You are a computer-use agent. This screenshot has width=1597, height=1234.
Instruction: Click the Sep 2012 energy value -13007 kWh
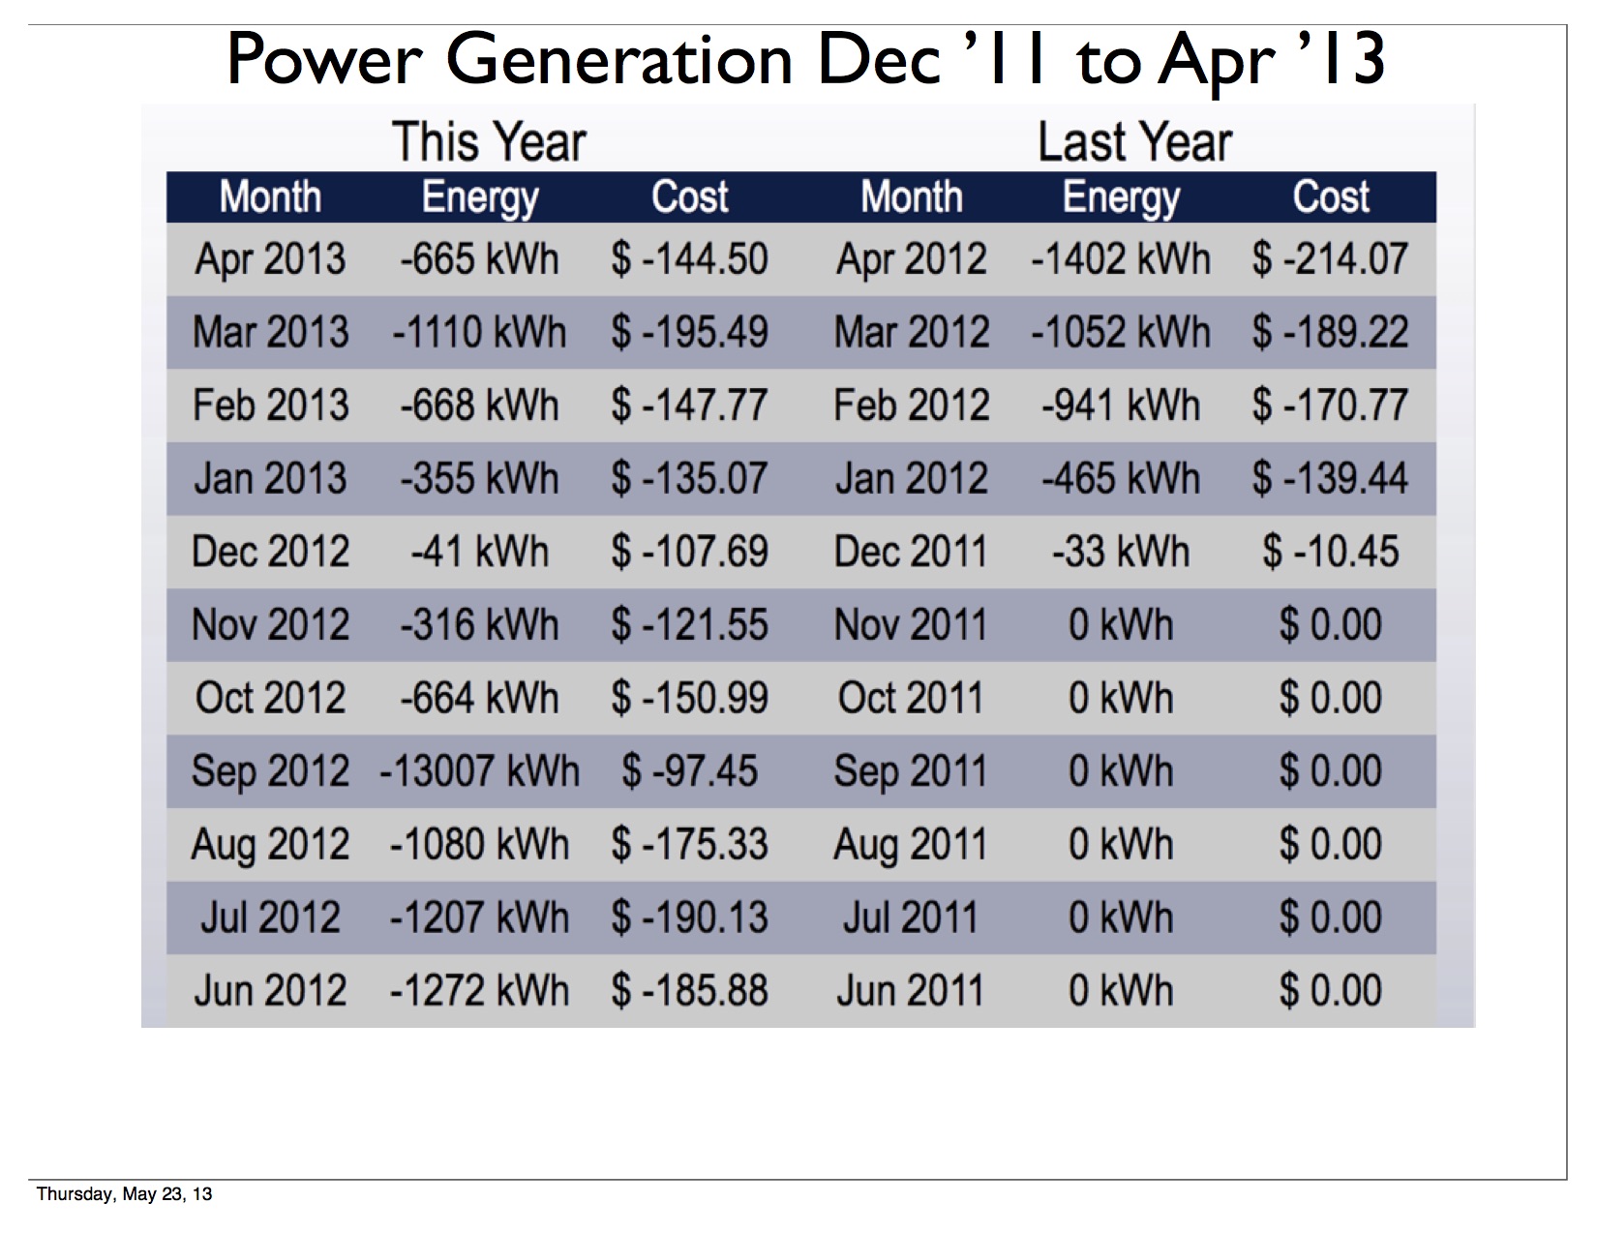coord(480,771)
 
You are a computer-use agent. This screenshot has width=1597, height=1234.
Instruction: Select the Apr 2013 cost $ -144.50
coord(689,259)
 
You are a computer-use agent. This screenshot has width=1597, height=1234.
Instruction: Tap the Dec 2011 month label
coord(911,552)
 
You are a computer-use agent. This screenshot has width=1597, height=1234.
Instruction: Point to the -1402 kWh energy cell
coord(1120,259)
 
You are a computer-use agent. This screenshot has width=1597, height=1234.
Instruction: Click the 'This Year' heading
coord(489,142)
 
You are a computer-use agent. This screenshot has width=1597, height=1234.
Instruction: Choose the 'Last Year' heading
coord(1134,142)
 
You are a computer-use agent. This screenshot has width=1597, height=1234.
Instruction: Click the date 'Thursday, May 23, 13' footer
coord(124,1193)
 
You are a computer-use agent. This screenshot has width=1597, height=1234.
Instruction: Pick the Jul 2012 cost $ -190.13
coord(689,918)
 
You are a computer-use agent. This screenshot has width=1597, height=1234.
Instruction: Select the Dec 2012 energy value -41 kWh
coord(480,552)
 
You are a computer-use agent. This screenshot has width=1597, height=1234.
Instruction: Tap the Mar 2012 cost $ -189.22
coord(1330,332)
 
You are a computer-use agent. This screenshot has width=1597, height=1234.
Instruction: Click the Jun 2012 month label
coord(270,990)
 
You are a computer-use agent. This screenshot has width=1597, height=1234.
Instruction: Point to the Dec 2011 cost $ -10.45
coord(1330,552)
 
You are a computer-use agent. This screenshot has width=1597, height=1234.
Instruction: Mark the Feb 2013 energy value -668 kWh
coord(480,406)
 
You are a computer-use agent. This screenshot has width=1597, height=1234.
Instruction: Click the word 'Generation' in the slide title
coord(619,60)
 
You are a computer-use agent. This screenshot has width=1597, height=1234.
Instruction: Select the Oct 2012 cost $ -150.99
coord(689,698)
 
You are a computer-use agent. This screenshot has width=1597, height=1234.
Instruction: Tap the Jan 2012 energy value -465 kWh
coord(1120,478)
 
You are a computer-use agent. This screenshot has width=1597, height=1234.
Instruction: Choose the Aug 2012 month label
coord(270,844)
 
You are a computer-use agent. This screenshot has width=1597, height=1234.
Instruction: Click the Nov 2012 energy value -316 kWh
coord(480,625)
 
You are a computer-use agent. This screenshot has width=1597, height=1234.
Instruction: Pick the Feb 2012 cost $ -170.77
coord(1330,406)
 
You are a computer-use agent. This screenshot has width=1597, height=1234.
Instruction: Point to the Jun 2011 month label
coord(911,990)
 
